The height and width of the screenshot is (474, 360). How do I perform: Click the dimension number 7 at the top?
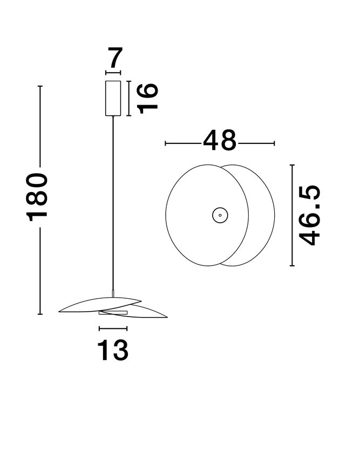[116, 58]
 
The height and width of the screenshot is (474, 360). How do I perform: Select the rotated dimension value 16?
[147, 98]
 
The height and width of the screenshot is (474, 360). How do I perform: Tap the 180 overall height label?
[37, 197]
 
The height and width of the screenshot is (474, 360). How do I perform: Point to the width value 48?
[220, 140]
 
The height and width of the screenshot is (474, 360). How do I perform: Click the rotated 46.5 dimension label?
[309, 215]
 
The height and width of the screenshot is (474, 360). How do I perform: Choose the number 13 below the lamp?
[113, 350]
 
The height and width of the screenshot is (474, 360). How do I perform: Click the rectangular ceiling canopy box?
[113, 98]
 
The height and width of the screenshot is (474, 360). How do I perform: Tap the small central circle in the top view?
[220, 215]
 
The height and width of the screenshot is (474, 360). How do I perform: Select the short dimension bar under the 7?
[113, 73]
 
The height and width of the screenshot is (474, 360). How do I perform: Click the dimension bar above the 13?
[113, 328]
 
